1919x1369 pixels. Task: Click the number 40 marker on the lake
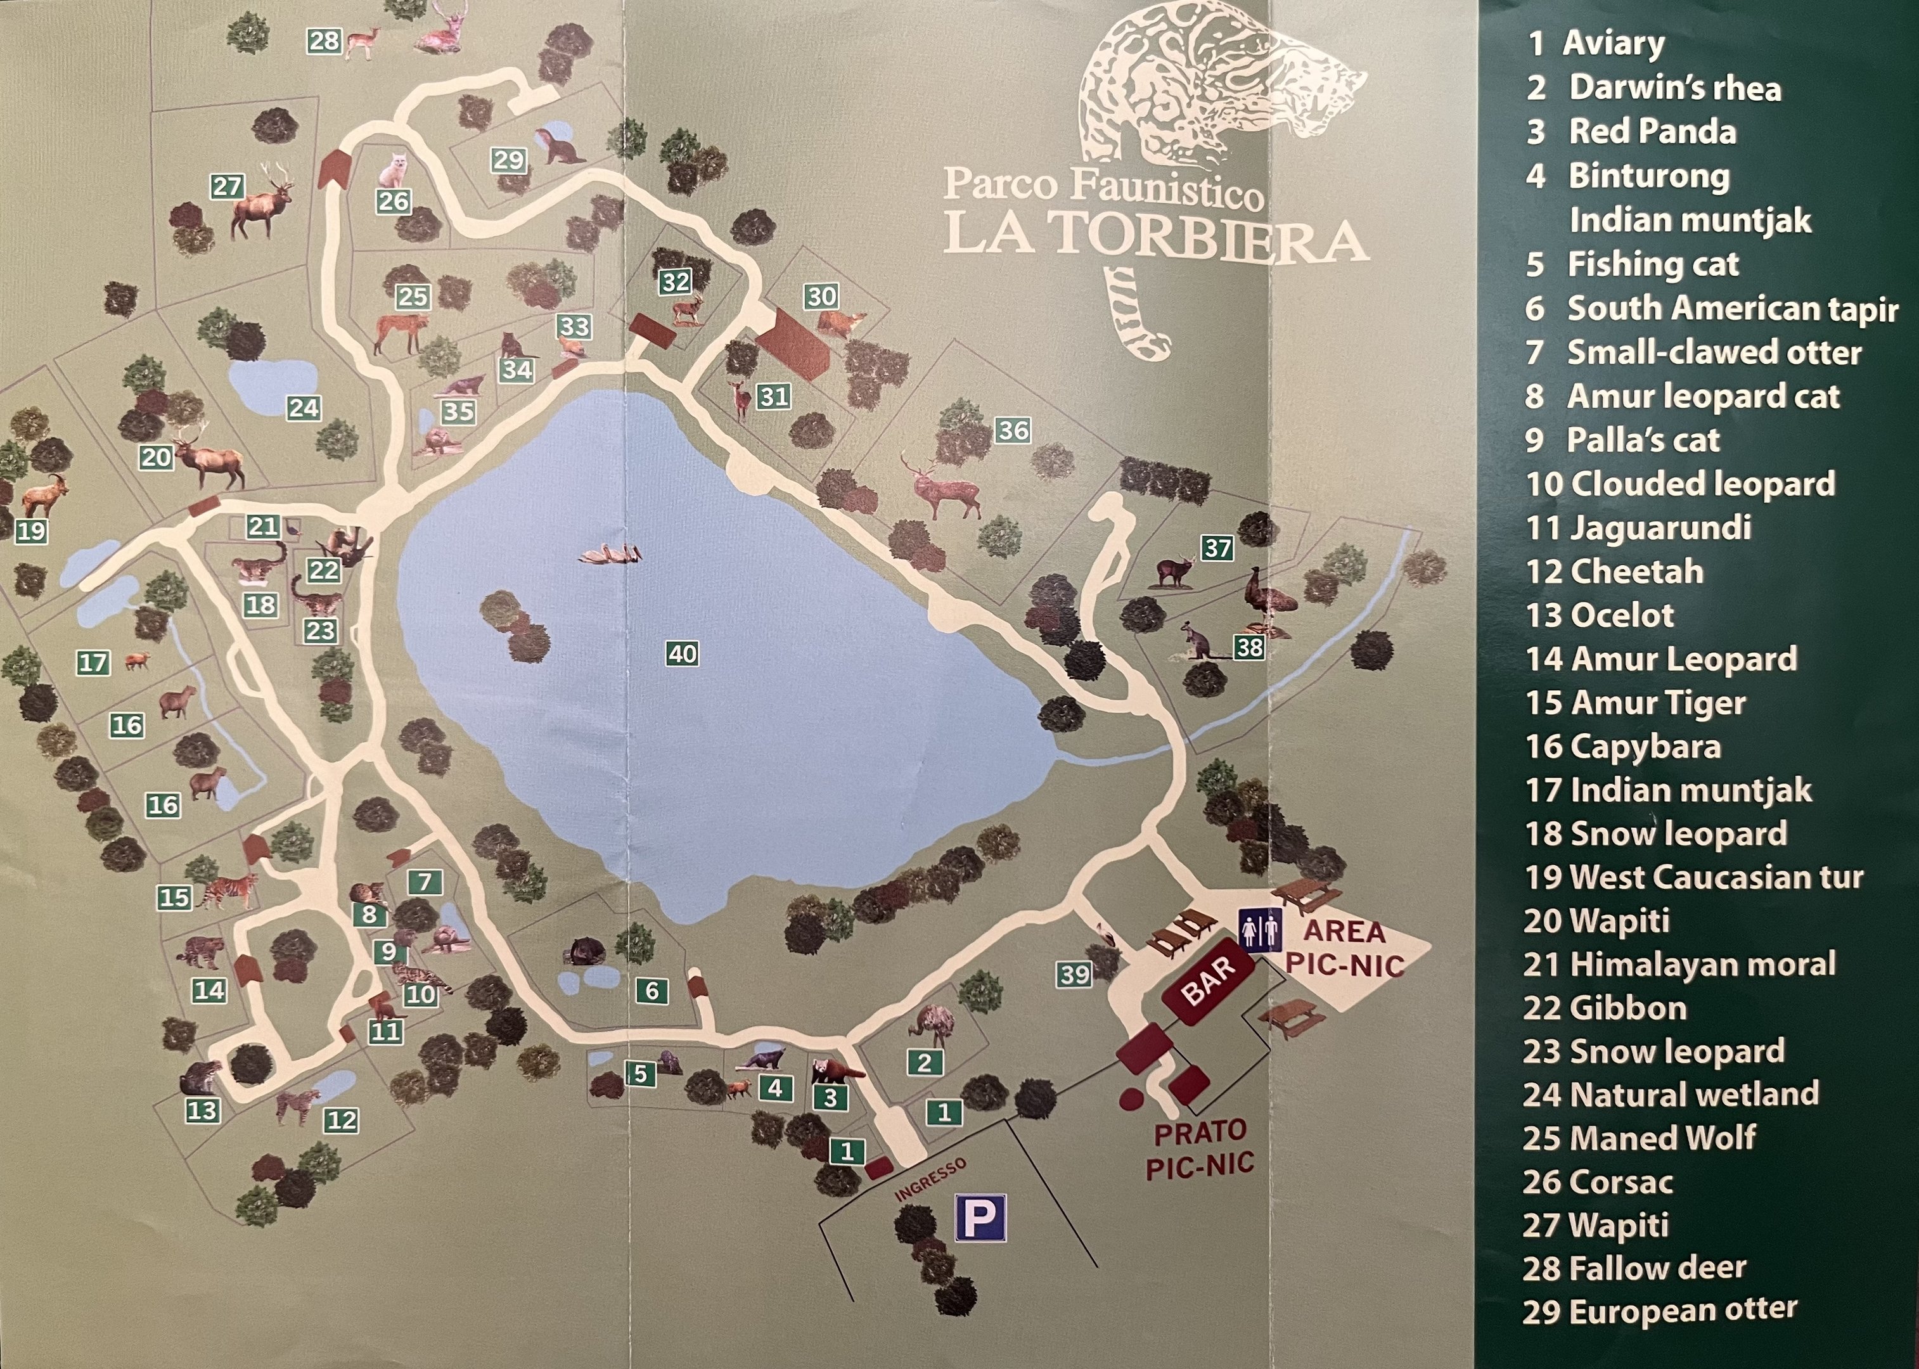(682, 653)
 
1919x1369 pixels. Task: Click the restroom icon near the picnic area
(1260, 930)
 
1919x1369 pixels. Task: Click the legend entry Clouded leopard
(1681, 484)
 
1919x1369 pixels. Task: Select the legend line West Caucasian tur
(1694, 877)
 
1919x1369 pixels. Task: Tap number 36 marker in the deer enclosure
(1012, 430)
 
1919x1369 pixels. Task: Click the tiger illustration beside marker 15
(228, 891)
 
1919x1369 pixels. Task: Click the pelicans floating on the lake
(611, 554)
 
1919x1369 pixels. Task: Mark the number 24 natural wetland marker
(304, 408)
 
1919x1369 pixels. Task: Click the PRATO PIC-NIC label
(1199, 1149)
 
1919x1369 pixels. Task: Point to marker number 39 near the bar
(1075, 975)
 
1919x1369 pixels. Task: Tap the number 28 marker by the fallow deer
(324, 41)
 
